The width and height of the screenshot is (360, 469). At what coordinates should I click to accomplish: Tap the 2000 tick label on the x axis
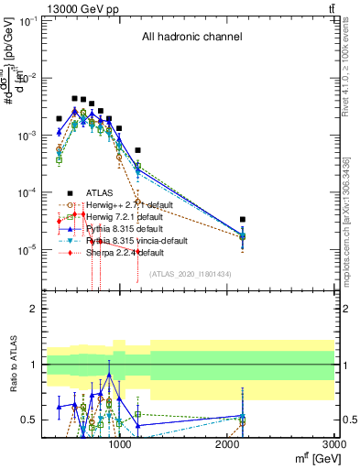pos(228,446)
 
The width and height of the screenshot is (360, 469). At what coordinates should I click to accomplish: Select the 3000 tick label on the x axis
pos(333,446)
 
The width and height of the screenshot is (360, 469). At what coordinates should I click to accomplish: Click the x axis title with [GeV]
pos(312,459)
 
